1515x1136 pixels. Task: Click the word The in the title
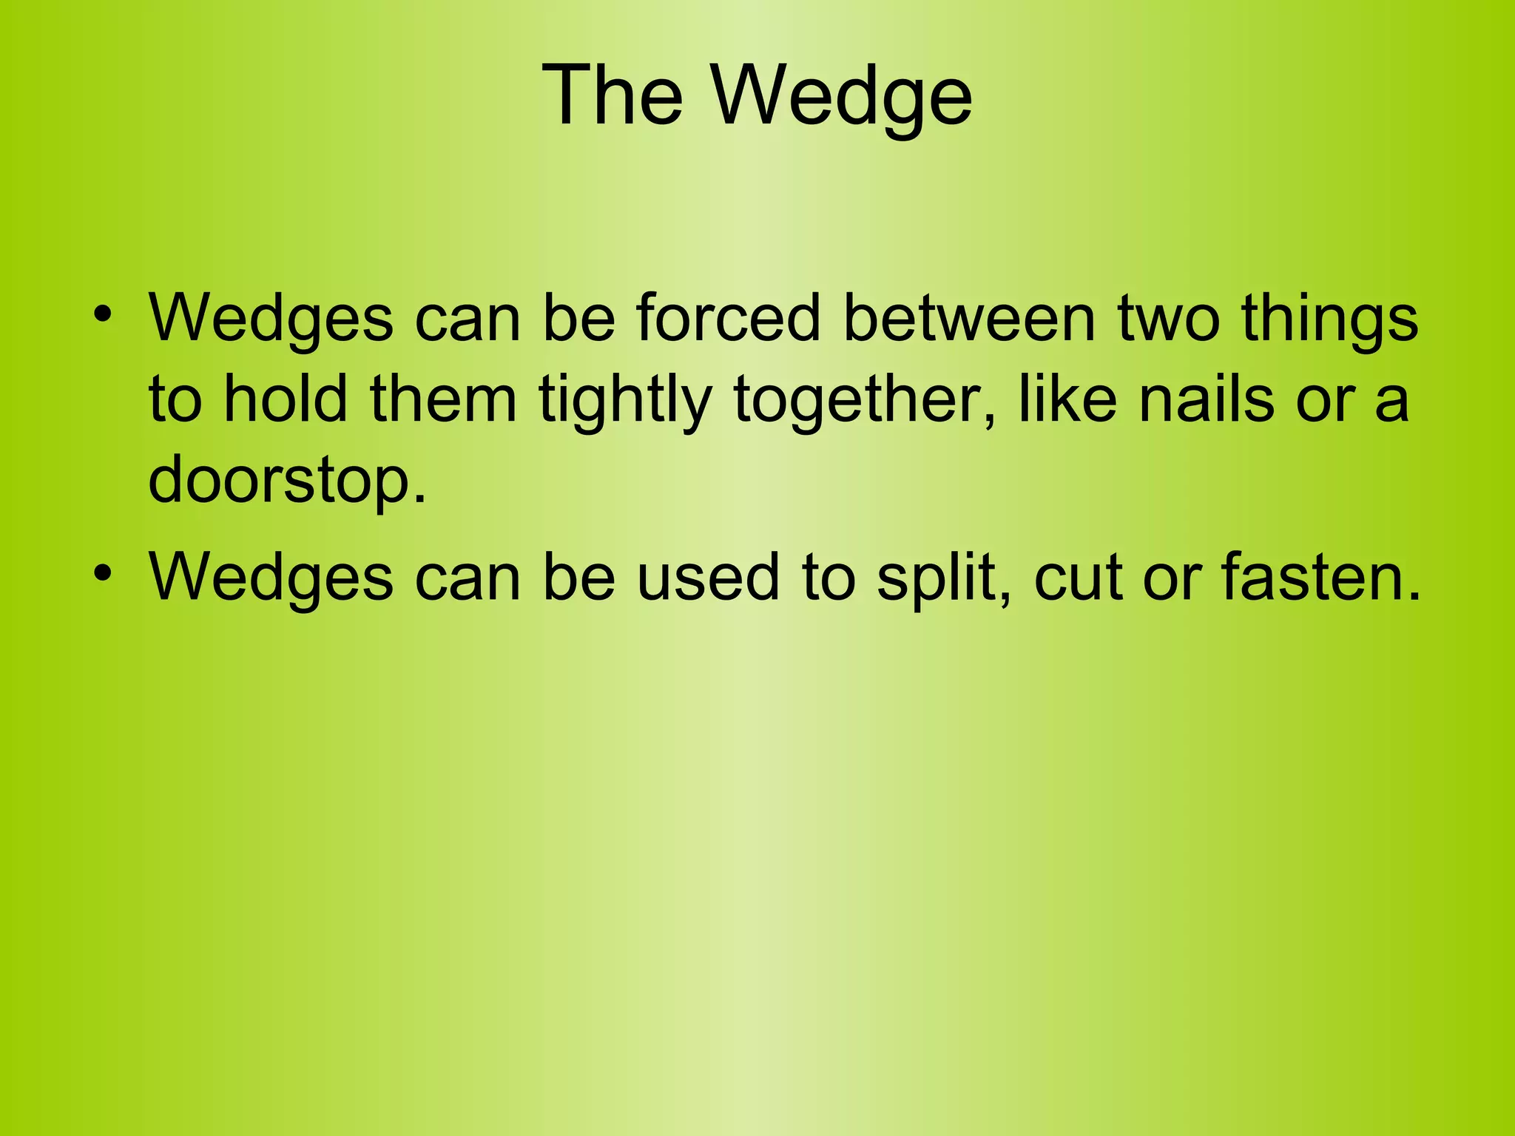pos(613,95)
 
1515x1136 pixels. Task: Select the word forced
pos(728,319)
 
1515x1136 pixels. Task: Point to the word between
pos(969,319)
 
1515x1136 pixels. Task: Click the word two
pos(1168,319)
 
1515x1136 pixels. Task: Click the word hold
pos(286,399)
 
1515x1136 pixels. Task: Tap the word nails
pos(1207,399)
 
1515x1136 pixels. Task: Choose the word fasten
pos(1321,578)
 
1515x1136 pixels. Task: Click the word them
pos(443,399)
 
